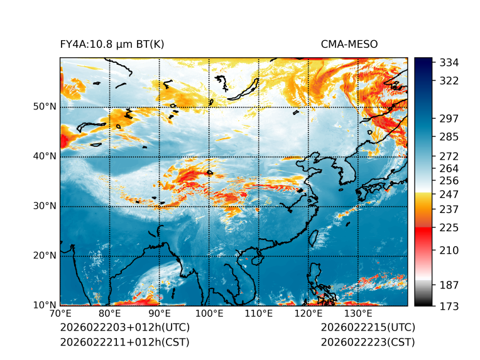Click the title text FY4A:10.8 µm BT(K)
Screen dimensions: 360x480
[x=112, y=45]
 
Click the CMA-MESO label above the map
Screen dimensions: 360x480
[x=349, y=45]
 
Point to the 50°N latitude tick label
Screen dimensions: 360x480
[x=45, y=107]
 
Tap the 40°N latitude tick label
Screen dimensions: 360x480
[x=45, y=156]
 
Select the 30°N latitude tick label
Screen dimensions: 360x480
[x=45, y=206]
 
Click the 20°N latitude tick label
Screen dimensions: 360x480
[x=45, y=256]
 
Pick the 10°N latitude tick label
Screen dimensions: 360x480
[x=45, y=305]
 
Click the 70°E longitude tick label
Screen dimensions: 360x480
[x=60, y=314]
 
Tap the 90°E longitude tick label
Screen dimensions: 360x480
[x=160, y=314]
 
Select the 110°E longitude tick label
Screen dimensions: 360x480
[x=259, y=314]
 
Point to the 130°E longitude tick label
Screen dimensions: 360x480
[x=358, y=314]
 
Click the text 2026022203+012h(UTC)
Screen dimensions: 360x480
[x=124, y=328]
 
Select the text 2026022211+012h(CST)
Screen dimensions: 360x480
[x=124, y=342]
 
